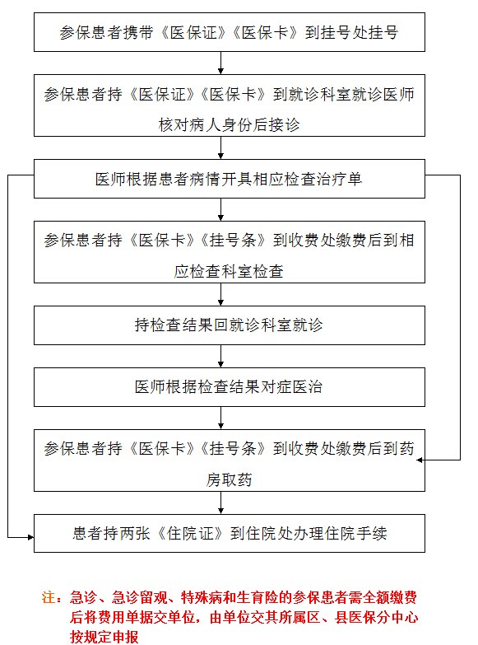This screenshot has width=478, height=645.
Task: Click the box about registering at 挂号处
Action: pos(230,32)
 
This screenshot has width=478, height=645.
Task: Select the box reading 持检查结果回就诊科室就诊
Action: pos(230,325)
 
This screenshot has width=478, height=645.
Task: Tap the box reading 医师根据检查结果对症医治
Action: pos(230,387)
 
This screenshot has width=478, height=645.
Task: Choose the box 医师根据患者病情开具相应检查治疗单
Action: pos(230,179)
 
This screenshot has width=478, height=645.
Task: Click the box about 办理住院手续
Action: pos(230,533)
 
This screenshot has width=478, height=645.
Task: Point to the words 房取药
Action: pos(229,479)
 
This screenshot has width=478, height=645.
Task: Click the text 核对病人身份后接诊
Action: pos(229,124)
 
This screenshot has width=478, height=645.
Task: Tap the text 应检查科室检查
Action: pos(229,271)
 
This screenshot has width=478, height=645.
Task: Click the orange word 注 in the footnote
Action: pos(49,597)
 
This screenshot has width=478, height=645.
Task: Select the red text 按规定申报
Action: pos(104,637)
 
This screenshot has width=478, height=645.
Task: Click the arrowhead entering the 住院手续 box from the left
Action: pos(30,537)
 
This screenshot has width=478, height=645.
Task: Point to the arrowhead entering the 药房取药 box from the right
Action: pos(420,460)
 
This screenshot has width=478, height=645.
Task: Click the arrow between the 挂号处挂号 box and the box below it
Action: pos(220,63)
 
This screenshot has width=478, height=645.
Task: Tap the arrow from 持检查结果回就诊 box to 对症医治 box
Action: pos(220,356)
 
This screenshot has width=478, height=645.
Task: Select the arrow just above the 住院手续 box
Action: pos(220,502)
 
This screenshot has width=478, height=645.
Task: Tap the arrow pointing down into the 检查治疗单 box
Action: pos(220,147)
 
